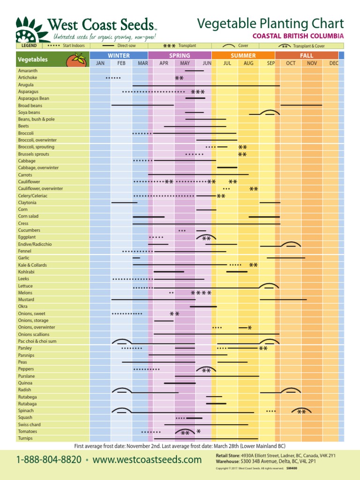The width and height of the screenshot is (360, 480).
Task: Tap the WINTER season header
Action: pos(119,55)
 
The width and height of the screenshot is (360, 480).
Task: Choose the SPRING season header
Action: pos(180,55)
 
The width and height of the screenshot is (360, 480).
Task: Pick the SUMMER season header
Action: pos(243,55)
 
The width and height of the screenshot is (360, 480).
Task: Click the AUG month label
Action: pos(248,63)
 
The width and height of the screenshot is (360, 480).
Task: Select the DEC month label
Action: pos(333,63)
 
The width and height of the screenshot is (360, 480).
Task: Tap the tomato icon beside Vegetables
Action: pos(75,60)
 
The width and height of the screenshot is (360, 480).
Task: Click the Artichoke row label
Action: pos(28,77)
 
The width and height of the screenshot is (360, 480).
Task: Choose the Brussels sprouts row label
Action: pos(33,154)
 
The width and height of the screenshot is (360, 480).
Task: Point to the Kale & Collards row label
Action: pos(32,265)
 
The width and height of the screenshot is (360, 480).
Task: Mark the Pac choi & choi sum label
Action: pos(37,341)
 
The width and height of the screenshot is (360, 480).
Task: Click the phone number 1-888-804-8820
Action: pos(49,460)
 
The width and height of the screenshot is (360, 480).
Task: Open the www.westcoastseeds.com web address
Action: pos(147,460)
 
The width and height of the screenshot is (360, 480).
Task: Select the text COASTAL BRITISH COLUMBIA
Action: pos(298,36)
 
